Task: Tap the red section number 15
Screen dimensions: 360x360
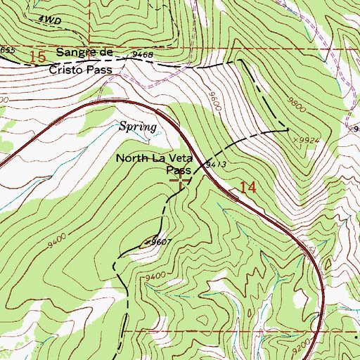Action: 41,55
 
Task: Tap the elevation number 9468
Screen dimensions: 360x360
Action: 142,53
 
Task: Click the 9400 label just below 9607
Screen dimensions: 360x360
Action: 157,276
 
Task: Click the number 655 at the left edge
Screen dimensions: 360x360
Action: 7,50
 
